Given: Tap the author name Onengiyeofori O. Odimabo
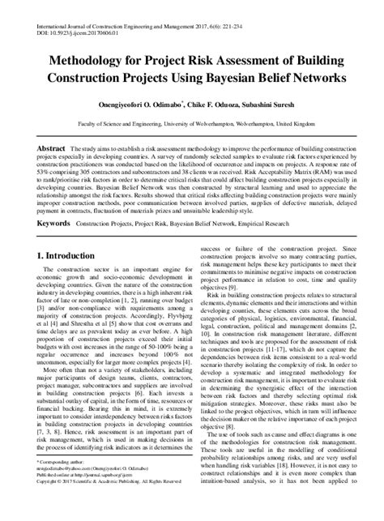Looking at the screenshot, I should tap(141, 105).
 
